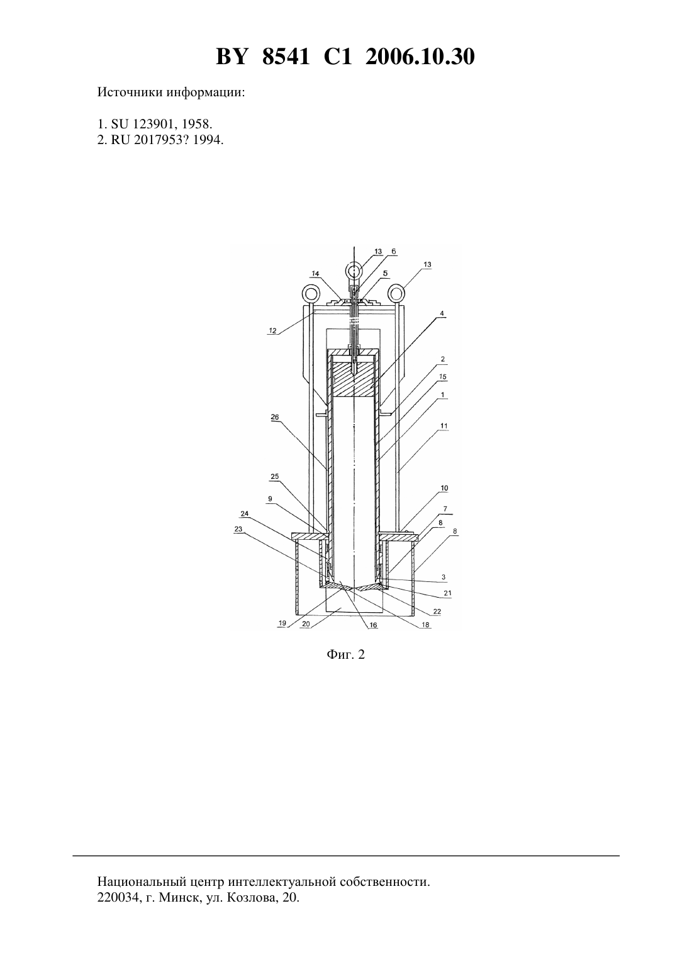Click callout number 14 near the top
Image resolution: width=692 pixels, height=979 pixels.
pos(315,274)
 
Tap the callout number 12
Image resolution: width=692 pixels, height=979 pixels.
pos(272,331)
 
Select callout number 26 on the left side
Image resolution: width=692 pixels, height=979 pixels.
pos(275,417)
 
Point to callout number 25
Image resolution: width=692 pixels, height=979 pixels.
pos(275,476)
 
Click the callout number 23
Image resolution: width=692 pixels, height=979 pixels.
pos(238,529)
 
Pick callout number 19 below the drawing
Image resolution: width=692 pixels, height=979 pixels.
pos(282,624)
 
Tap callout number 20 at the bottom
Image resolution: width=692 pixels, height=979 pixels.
pos(306,624)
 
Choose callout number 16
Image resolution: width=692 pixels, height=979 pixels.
pos(373,625)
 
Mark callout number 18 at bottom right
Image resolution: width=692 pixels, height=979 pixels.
pos(425,625)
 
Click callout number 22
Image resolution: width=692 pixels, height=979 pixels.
pos(437,612)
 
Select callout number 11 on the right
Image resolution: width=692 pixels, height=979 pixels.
pos(444,426)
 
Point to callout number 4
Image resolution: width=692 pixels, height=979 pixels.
pos(442,313)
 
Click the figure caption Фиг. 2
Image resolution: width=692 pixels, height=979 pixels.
pos(345,654)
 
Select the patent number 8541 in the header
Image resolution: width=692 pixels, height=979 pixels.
pos(286,57)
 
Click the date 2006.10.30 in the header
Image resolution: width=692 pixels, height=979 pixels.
pos(420,57)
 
